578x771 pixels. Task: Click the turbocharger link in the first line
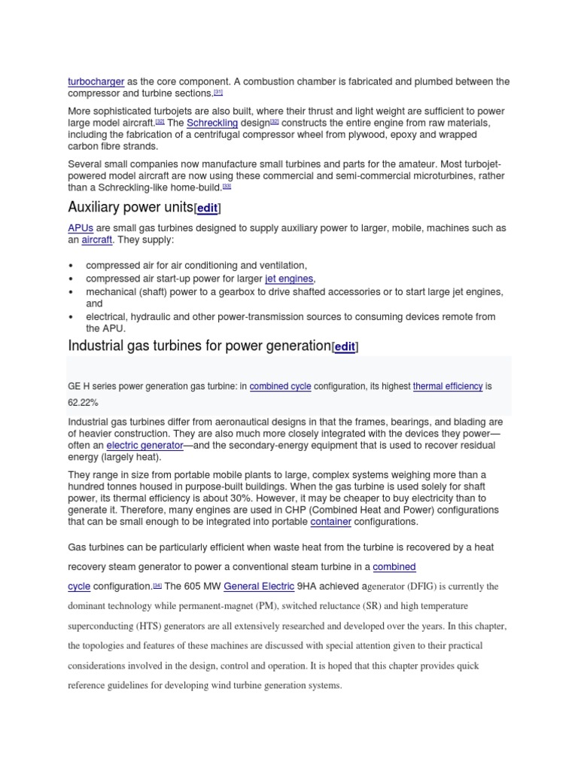[x=96, y=81]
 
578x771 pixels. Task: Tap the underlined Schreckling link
[x=212, y=123]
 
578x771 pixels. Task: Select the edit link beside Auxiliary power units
[x=208, y=208]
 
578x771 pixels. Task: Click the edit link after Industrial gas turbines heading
[x=345, y=347]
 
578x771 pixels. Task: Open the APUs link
[x=81, y=228]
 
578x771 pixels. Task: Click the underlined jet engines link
[x=289, y=279]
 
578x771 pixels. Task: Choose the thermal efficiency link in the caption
[x=448, y=386]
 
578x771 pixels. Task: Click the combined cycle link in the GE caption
[x=280, y=386]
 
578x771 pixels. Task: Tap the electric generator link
[x=145, y=446]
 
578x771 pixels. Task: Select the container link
[x=330, y=522]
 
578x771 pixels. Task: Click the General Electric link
[x=259, y=586]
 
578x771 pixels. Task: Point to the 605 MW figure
[x=202, y=586]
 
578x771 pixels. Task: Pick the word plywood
[x=373, y=135]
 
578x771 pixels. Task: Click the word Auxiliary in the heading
[x=95, y=207]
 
